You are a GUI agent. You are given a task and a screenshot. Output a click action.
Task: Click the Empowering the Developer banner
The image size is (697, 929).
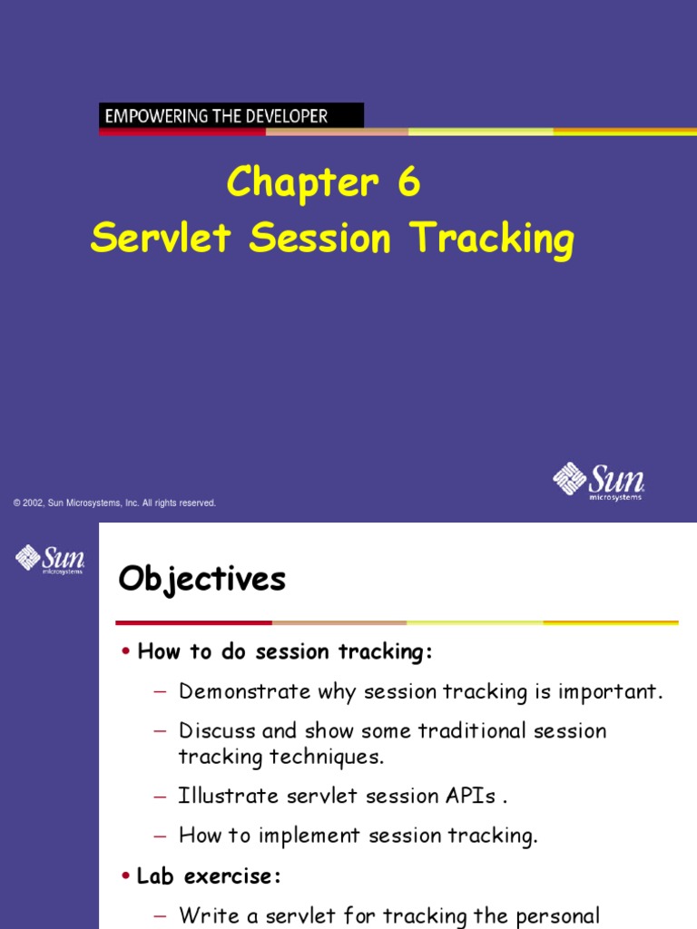(231, 115)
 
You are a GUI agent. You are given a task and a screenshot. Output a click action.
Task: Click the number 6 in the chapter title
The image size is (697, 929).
(408, 182)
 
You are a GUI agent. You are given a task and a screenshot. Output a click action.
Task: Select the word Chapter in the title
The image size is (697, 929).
(302, 182)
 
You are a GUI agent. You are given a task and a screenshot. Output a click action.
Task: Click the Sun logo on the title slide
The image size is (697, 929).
(598, 481)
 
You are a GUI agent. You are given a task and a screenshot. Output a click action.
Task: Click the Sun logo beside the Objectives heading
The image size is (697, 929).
(50, 558)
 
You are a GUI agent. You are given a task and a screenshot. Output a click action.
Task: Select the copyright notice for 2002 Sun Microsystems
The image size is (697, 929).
(114, 503)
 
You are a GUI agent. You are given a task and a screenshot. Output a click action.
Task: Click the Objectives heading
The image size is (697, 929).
(201, 579)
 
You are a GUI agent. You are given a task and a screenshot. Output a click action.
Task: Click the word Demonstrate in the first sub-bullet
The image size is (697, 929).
(244, 692)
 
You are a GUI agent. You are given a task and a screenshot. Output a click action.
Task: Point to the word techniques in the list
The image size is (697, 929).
(334, 757)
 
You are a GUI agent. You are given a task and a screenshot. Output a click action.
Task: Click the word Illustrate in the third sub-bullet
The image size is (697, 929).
(228, 796)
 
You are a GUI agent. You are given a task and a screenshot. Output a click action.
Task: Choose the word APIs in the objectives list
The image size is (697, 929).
(468, 796)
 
